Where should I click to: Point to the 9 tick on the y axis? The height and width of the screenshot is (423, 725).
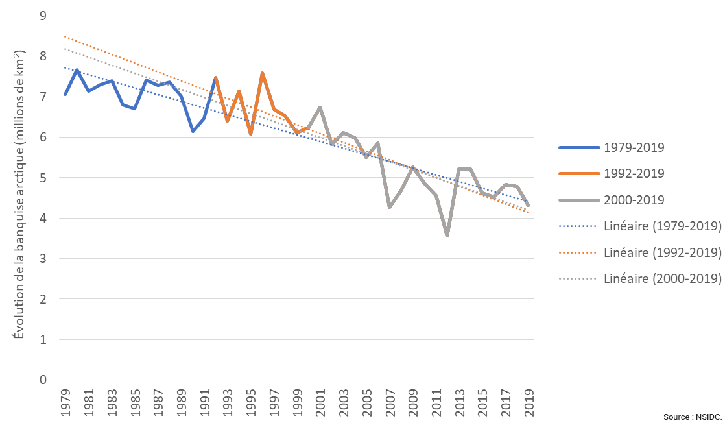(x=43, y=16)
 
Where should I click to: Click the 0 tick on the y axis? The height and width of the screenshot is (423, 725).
(x=43, y=380)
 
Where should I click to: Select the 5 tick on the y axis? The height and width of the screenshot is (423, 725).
(x=43, y=178)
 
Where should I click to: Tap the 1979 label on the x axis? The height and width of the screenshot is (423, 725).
(x=65, y=402)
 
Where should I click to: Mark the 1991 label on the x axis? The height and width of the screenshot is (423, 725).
(x=205, y=402)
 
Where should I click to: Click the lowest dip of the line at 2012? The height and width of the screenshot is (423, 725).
(x=447, y=236)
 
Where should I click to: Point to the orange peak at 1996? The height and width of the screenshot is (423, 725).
(x=262, y=73)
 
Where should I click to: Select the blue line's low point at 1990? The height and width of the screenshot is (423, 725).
(x=192, y=131)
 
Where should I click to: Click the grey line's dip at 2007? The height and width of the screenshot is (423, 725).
(x=389, y=207)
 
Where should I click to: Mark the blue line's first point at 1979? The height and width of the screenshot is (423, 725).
(x=65, y=95)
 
